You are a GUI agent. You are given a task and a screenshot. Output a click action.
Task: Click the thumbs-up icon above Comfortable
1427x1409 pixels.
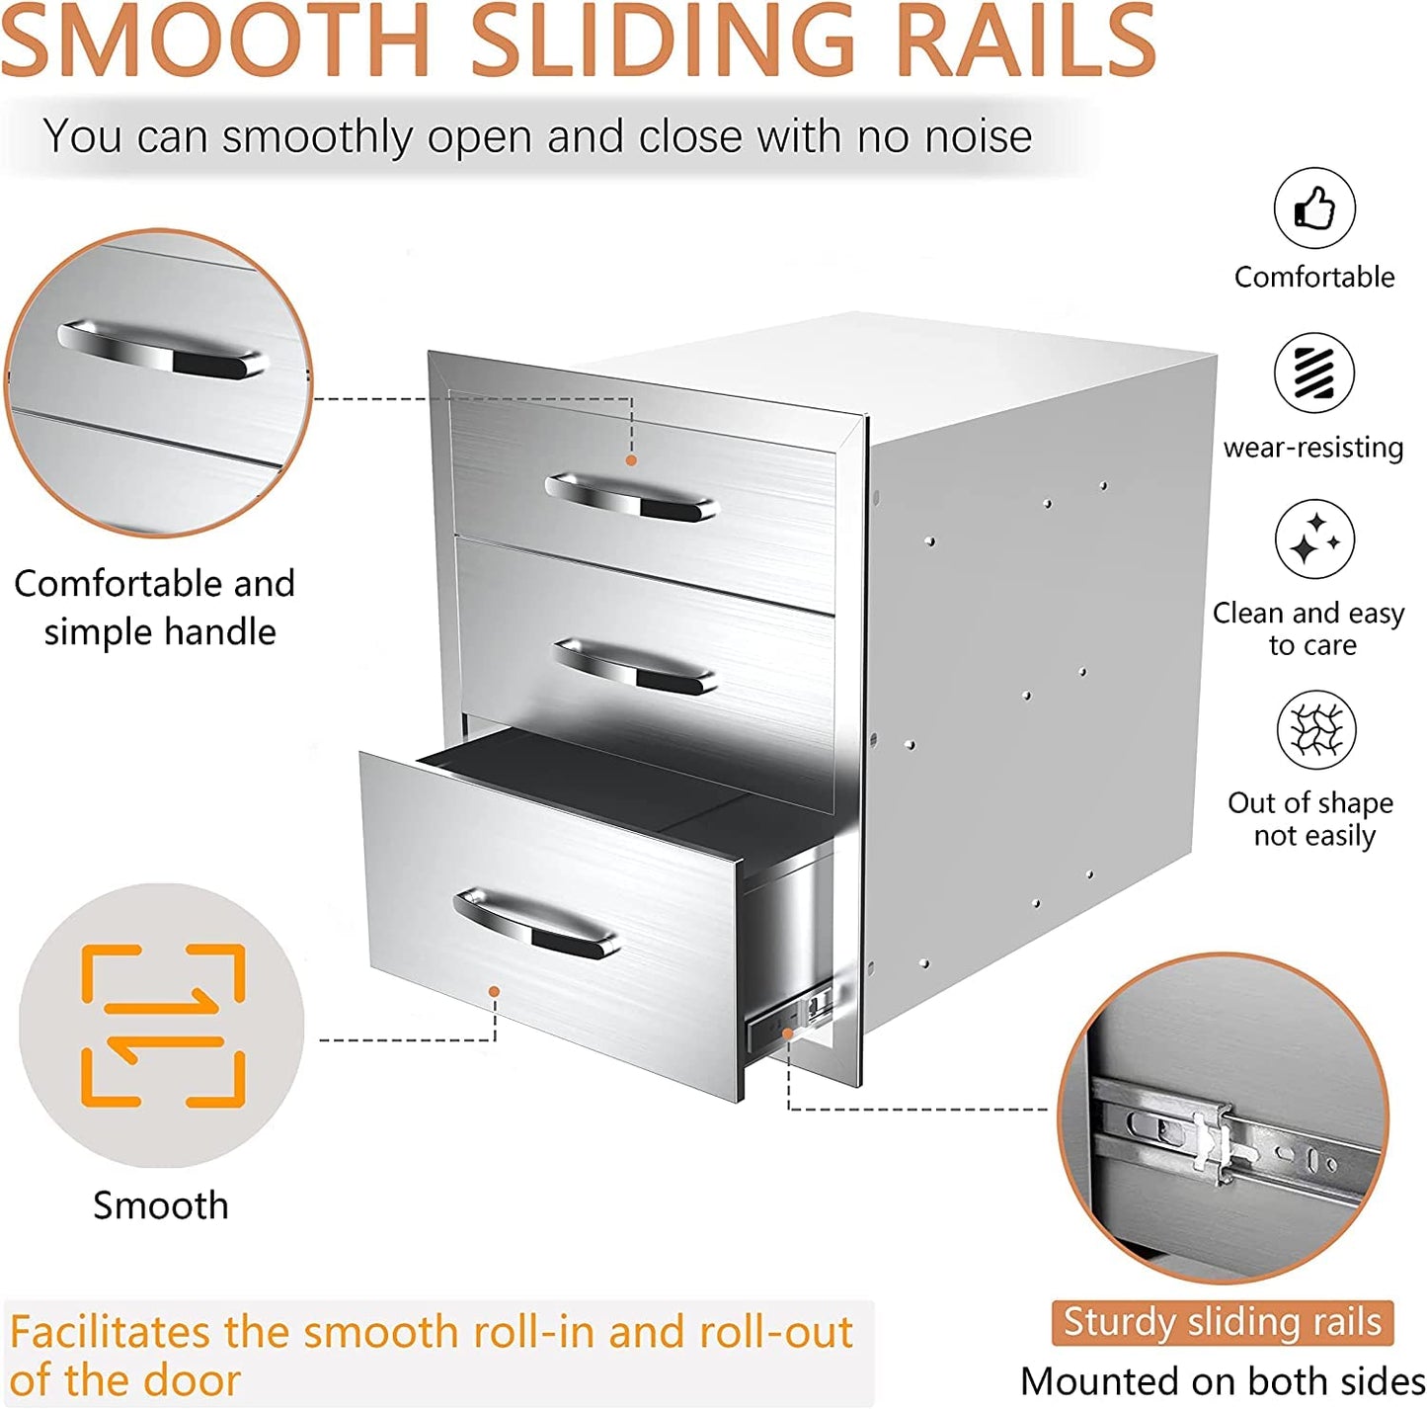pos(1314,208)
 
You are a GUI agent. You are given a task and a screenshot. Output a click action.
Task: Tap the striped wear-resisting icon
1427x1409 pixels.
pos(1314,373)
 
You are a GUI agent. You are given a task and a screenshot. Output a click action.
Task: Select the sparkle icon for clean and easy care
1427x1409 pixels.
pos(1314,539)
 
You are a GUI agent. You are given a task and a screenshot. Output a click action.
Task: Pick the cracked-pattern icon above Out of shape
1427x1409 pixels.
pos(1316,729)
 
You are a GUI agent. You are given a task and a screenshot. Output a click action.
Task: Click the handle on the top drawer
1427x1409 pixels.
pos(632,498)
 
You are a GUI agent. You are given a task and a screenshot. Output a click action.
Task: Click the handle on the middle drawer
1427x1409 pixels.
pos(635,666)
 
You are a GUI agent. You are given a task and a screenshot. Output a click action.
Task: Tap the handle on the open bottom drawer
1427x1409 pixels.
pos(536,924)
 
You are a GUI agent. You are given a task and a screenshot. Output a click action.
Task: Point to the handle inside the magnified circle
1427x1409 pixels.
pos(161,349)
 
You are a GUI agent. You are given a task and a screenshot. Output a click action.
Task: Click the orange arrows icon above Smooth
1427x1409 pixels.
pos(162,1026)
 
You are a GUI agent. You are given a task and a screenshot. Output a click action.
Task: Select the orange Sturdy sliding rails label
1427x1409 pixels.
pos(1222,1322)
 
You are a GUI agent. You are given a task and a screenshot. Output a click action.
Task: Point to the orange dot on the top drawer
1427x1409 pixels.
pos(631,460)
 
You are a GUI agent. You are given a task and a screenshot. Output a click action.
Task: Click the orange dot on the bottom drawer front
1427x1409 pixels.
pos(494,992)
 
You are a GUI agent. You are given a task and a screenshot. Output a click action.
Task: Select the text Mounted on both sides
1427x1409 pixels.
pos(1223,1380)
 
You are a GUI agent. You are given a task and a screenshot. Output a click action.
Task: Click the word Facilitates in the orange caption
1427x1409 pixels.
pos(110,1331)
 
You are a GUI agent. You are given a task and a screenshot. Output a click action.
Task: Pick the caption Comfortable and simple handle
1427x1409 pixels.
pos(155,608)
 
